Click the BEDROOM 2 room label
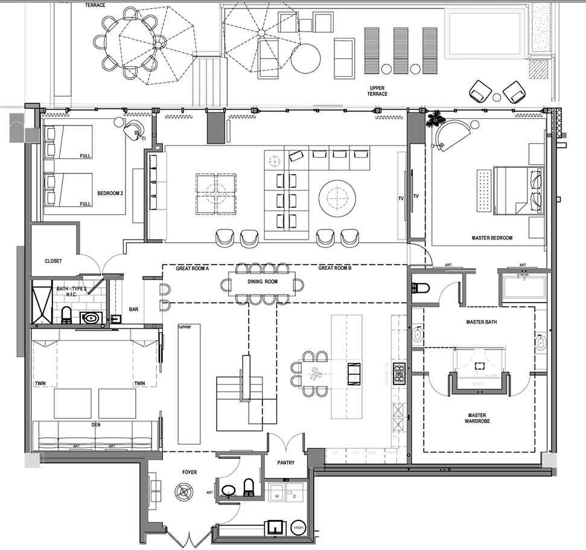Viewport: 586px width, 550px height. [110, 194]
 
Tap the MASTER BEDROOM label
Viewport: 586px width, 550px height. [492, 238]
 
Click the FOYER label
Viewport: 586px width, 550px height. [189, 472]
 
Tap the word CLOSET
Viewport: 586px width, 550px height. [54, 261]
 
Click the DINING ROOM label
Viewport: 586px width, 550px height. [263, 282]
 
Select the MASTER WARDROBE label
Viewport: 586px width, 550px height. [479, 418]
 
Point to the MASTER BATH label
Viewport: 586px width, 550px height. [481, 322]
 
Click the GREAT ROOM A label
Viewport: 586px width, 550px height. [192, 268]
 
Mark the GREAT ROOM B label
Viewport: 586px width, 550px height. [334, 268]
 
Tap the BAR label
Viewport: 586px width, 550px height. [135, 310]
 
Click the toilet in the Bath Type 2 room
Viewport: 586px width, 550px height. [67, 315]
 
